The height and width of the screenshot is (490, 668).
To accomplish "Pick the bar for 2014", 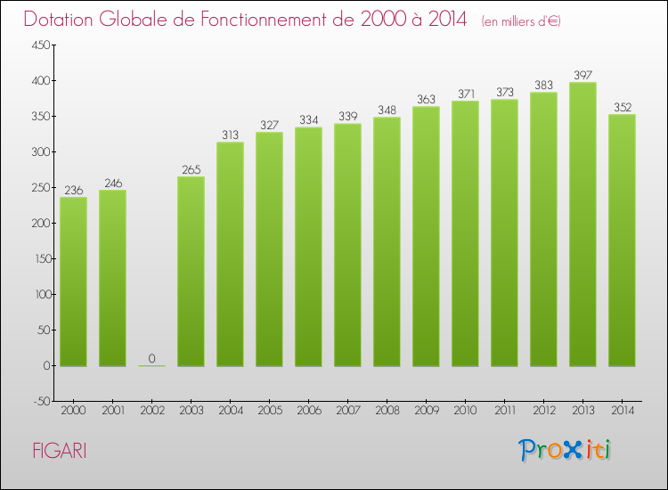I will (622, 241).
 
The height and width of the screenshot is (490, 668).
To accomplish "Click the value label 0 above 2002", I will (151, 358).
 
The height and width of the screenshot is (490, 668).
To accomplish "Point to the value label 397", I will (582, 75).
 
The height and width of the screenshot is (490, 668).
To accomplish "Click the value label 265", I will (191, 169).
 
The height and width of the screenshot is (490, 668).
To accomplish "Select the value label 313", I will (230, 135).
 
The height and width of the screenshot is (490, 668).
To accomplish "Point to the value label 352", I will (622, 107).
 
